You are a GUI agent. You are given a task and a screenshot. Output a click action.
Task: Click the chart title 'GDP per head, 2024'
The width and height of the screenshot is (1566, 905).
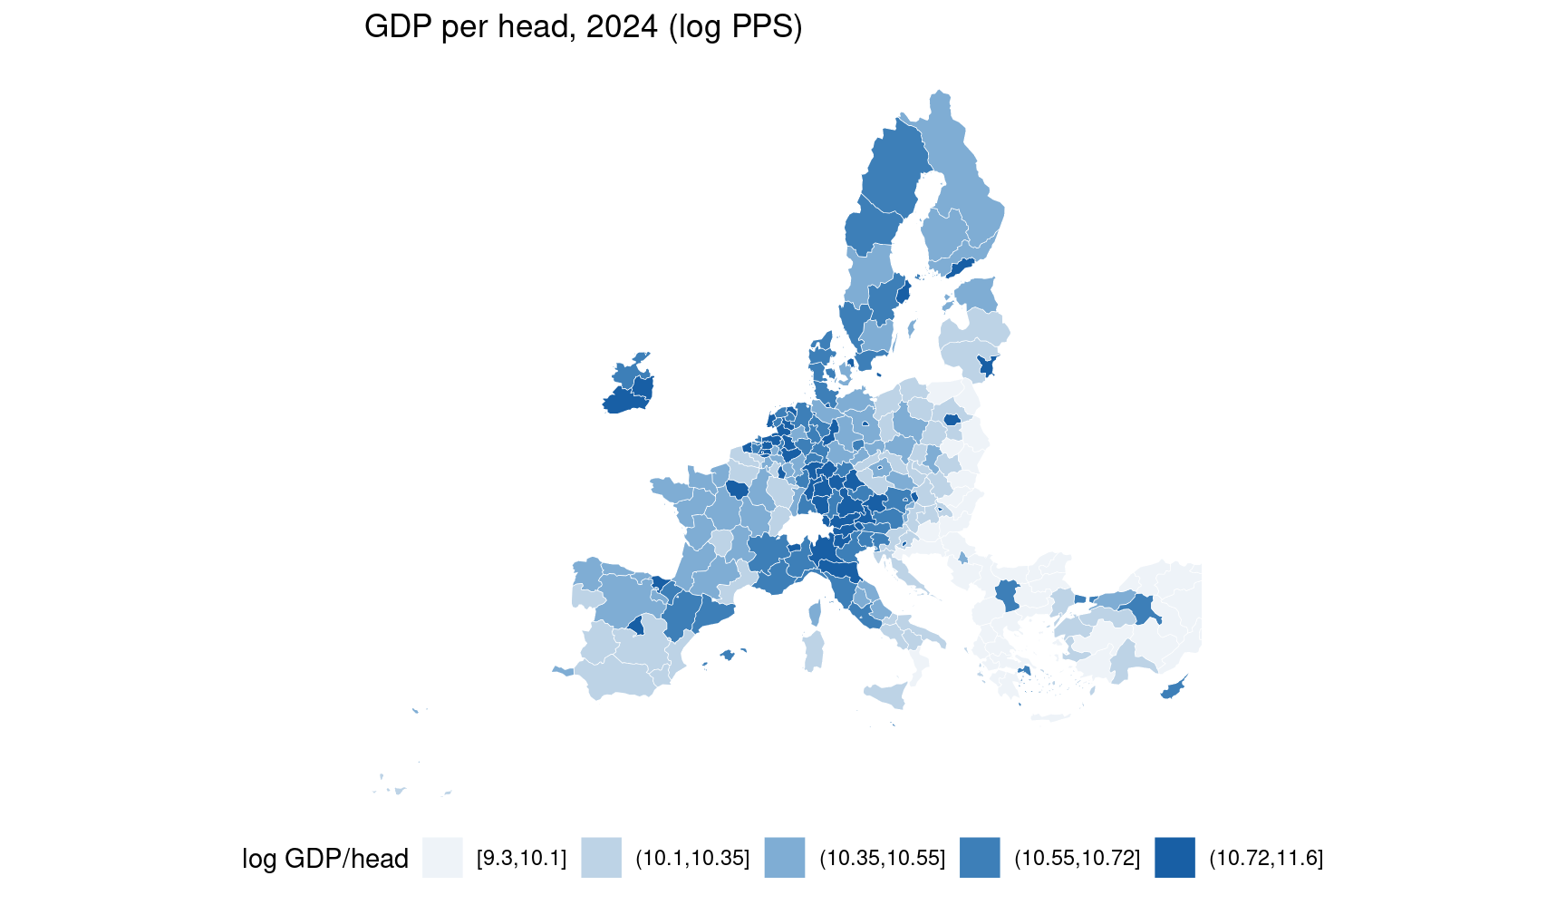click(x=510, y=27)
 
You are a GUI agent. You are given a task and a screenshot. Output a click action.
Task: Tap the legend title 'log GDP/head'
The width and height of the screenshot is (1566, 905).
click(x=324, y=858)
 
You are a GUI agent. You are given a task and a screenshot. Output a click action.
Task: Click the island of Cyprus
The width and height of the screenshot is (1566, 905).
click(x=1174, y=688)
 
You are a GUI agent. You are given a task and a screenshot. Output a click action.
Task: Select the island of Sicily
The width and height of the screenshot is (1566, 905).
click(x=887, y=696)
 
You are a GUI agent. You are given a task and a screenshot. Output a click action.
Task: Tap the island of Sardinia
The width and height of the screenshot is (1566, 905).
click(x=814, y=651)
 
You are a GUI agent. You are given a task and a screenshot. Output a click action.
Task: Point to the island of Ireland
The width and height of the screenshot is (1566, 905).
click(x=629, y=384)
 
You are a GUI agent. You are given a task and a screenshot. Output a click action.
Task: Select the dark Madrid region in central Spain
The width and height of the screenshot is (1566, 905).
click(x=636, y=625)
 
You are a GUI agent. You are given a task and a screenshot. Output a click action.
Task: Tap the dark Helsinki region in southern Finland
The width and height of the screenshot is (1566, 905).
click(x=961, y=267)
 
